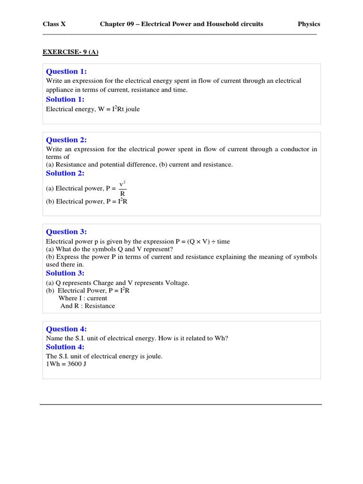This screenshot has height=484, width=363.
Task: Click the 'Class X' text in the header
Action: (54, 24)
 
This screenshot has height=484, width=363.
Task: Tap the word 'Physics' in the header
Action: (309, 24)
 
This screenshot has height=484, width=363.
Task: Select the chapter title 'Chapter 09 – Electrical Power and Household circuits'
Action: (181, 24)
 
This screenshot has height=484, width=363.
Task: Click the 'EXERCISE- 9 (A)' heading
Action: (70, 52)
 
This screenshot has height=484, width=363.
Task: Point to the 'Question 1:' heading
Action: (67, 71)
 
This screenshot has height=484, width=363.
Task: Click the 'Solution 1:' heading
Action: (65, 99)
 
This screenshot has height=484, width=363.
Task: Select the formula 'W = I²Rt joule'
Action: (119, 109)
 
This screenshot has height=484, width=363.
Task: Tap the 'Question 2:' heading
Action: (67, 140)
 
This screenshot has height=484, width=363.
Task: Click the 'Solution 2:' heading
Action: (65, 173)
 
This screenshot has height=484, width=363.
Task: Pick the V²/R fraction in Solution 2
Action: (122, 188)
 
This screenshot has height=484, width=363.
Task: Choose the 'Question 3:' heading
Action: (67, 232)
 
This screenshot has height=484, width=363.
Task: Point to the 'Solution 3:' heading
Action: (65, 273)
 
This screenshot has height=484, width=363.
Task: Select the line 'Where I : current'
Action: (83, 298)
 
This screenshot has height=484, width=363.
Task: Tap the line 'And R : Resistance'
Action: (87, 306)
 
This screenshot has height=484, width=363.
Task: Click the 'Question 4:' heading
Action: (67, 329)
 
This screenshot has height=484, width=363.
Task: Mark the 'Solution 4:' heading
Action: (65, 347)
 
